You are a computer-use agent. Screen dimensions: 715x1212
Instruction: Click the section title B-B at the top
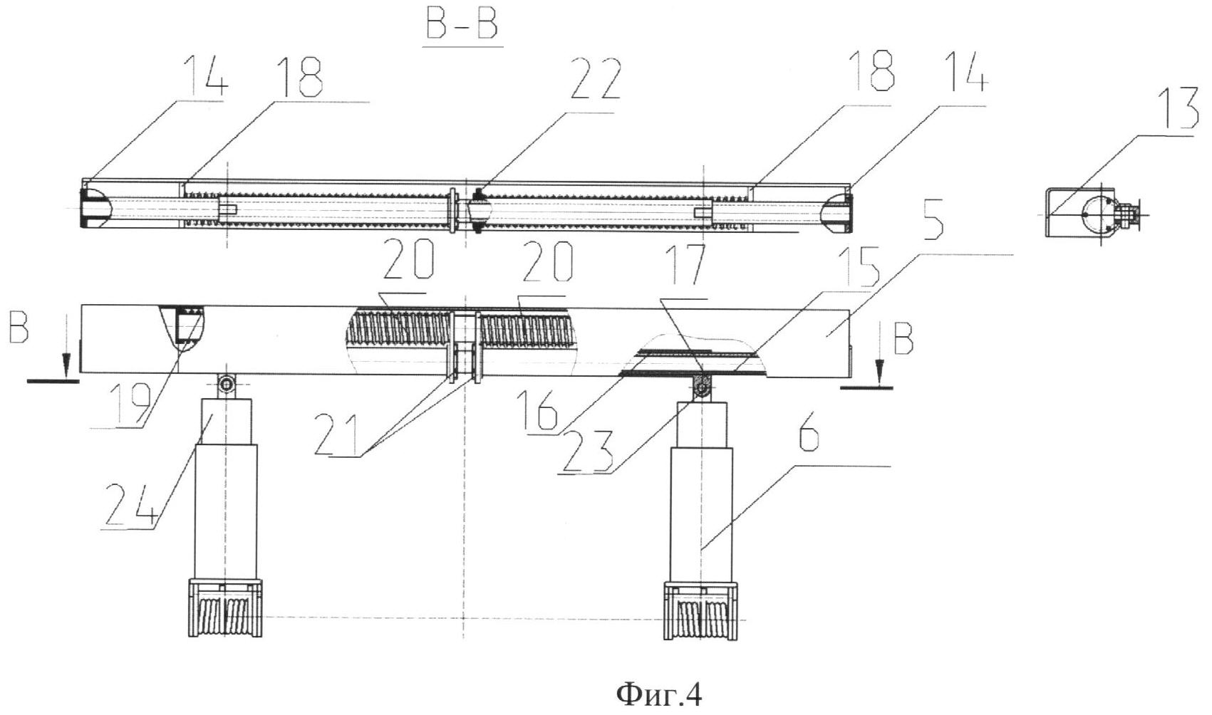pos(462,26)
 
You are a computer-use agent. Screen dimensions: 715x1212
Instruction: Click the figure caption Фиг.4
pos(658,693)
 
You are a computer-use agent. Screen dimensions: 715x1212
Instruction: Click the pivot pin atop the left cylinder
pos(226,385)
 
